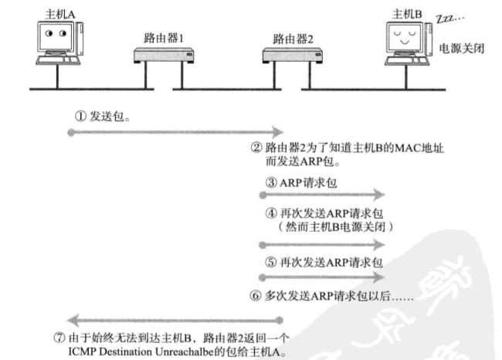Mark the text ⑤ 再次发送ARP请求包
pyautogui.click(x=324, y=262)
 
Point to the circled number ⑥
pyautogui.click(x=255, y=294)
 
